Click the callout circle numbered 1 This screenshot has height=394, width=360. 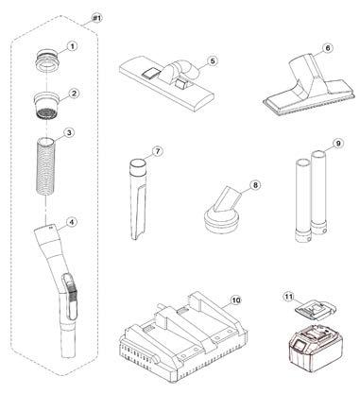tap(72, 46)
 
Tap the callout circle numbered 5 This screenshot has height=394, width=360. tap(213, 60)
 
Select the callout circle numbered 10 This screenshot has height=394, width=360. tap(236, 300)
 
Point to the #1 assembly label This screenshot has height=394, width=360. tap(97, 19)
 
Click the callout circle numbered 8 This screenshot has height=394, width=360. tap(255, 185)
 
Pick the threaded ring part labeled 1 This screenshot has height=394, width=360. tap(48, 60)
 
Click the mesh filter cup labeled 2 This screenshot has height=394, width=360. tap(47, 105)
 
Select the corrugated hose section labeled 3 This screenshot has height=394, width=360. tap(46, 166)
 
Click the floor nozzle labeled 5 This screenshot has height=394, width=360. tap(167, 82)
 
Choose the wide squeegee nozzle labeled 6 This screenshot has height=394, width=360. tap(306, 85)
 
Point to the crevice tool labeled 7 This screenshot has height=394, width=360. tap(137, 199)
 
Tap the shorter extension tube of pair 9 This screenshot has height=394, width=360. tap(303, 201)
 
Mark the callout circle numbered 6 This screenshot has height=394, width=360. tap(328, 48)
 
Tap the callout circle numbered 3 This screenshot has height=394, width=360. tap(69, 132)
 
